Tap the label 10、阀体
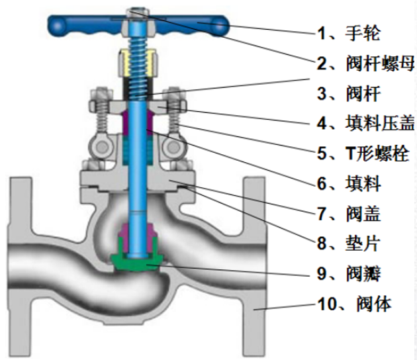354,304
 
